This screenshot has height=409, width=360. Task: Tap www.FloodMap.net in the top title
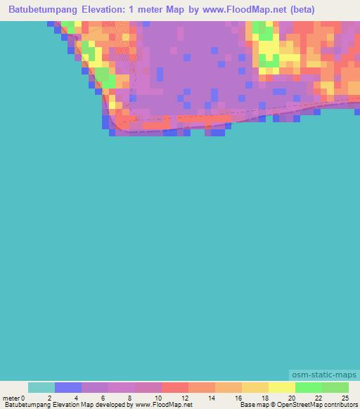[x=236, y=10]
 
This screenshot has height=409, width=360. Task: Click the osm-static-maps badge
[x=323, y=375]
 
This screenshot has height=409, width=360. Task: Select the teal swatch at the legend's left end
[x=41, y=387]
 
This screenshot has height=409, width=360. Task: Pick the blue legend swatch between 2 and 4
[x=68, y=387]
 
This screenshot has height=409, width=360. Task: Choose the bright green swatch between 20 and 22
[x=309, y=387]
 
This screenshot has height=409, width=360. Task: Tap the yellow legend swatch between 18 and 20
[x=282, y=387]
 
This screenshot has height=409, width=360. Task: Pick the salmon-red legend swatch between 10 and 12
[x=175, y=387]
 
